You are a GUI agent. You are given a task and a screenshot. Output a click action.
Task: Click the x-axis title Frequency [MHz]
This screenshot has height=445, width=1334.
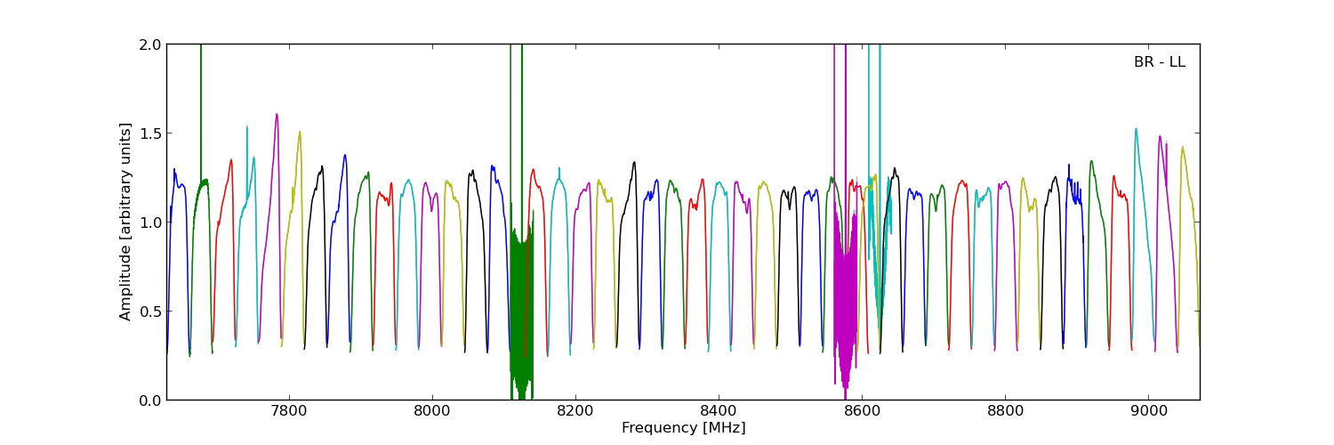click(683, 428)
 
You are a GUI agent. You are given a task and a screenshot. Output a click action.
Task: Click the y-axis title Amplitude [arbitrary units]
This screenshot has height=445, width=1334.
click(126, 222)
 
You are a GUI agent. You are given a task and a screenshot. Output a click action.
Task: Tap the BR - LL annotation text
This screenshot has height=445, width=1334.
click(1159, 62)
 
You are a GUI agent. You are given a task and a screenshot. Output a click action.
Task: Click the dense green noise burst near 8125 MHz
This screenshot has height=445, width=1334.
click(521, 303)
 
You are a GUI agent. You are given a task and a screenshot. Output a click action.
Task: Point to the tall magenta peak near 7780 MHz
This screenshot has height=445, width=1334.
click(277, 115)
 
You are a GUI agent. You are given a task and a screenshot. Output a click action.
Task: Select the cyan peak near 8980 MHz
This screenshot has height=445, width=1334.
click(1136, 130)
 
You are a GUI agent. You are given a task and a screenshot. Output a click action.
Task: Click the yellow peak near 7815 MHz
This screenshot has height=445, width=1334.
click(300, 133)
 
